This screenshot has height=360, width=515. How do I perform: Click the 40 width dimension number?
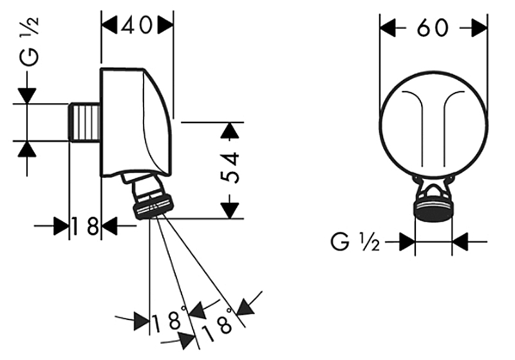coord(138,26)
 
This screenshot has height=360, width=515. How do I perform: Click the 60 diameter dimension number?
coord(433,28)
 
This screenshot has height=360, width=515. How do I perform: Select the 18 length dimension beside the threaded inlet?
coord(85,226)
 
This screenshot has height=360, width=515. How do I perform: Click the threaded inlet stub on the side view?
coord(84,121)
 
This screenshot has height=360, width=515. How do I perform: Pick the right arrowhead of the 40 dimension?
coord(165,26)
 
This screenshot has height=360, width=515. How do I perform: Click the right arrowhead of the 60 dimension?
coord(478,28)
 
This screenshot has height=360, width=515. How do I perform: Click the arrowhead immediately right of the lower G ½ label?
coord(406,242)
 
